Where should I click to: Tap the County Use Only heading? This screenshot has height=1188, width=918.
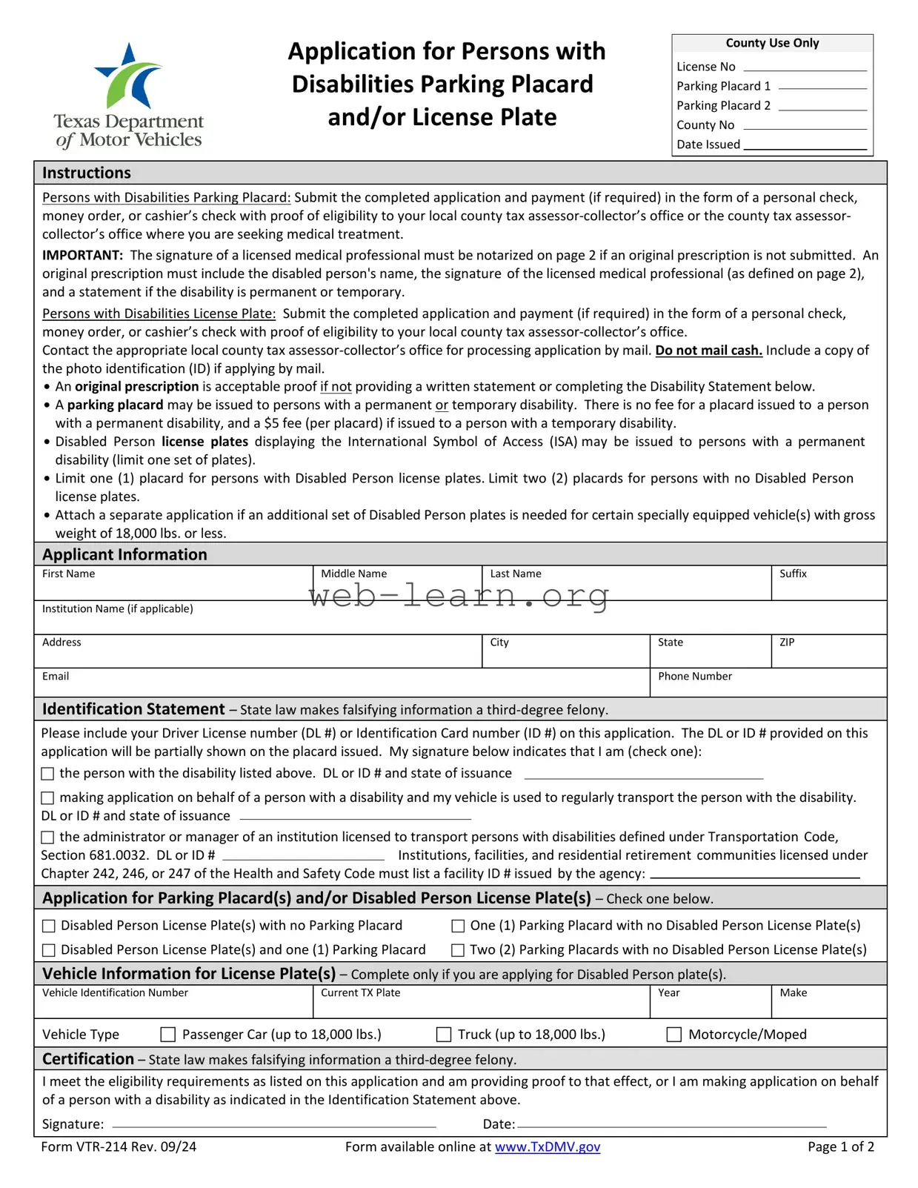click(x=772, y=43)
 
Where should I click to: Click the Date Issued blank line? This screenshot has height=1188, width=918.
click(x=805, y=145)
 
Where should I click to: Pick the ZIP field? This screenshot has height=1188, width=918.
click(x=828, y=656)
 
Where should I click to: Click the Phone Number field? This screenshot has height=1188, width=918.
click(x=768, y=688)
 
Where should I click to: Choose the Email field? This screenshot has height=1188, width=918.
click(x=341, y=688)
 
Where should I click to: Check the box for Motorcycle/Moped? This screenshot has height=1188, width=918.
click(x=674, y=1035)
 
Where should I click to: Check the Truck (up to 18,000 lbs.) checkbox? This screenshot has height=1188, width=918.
click(x=444, y=1035)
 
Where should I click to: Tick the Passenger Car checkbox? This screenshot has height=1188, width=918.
click(x=168, y=1035)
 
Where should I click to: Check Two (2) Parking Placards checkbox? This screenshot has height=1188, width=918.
click(x=458, y=950)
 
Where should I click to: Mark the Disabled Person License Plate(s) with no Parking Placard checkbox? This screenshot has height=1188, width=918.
click(x=49, y=926)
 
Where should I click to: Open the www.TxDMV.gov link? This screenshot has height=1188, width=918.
click(x=548, y=1147)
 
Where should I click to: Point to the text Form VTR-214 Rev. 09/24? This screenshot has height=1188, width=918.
click(x=119, y=1147)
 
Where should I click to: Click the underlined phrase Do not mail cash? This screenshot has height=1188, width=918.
click(x=708, y=351)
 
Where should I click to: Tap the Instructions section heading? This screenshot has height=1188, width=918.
click(x=87, y=173)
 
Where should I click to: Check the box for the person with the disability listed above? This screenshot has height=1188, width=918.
click(x=48, y=774)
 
